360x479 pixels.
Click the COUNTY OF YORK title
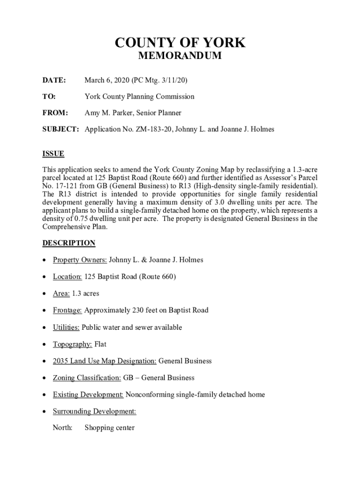point(180,43)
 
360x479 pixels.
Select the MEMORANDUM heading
point(180,57)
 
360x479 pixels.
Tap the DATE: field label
point(54,80)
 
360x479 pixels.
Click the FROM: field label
point(56,113)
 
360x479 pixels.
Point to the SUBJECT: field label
point(61,129)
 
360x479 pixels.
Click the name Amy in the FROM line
point(92,113)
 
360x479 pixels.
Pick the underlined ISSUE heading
point(53,154)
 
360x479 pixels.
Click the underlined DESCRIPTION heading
point(69,243)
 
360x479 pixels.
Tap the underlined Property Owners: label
point(80,260)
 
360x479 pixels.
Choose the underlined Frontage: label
point(67,310)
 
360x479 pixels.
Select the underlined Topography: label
point(72,344)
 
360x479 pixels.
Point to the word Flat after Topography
point(101,344)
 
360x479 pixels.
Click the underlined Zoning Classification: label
point(87,377)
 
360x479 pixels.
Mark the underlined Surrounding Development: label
point(94,411)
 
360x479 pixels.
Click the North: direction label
point(63,428)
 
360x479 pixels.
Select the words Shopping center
point(109,428)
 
